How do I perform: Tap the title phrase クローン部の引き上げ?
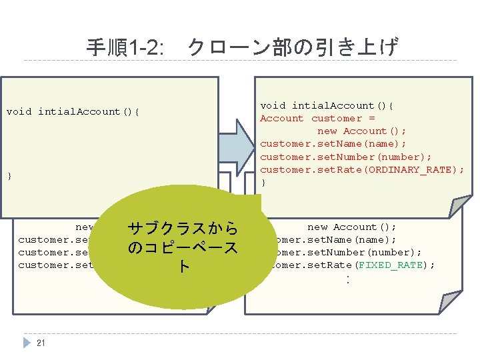pos(293,47)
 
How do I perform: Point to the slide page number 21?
pos(41,343)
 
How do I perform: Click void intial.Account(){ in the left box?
pos(73,111)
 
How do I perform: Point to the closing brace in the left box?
pos(9,176)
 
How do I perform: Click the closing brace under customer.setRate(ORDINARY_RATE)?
pos(263,182)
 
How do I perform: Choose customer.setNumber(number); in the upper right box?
pos(333,157)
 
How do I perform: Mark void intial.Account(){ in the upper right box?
pos(327,105)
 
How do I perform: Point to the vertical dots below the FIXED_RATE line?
pos(347,280)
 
